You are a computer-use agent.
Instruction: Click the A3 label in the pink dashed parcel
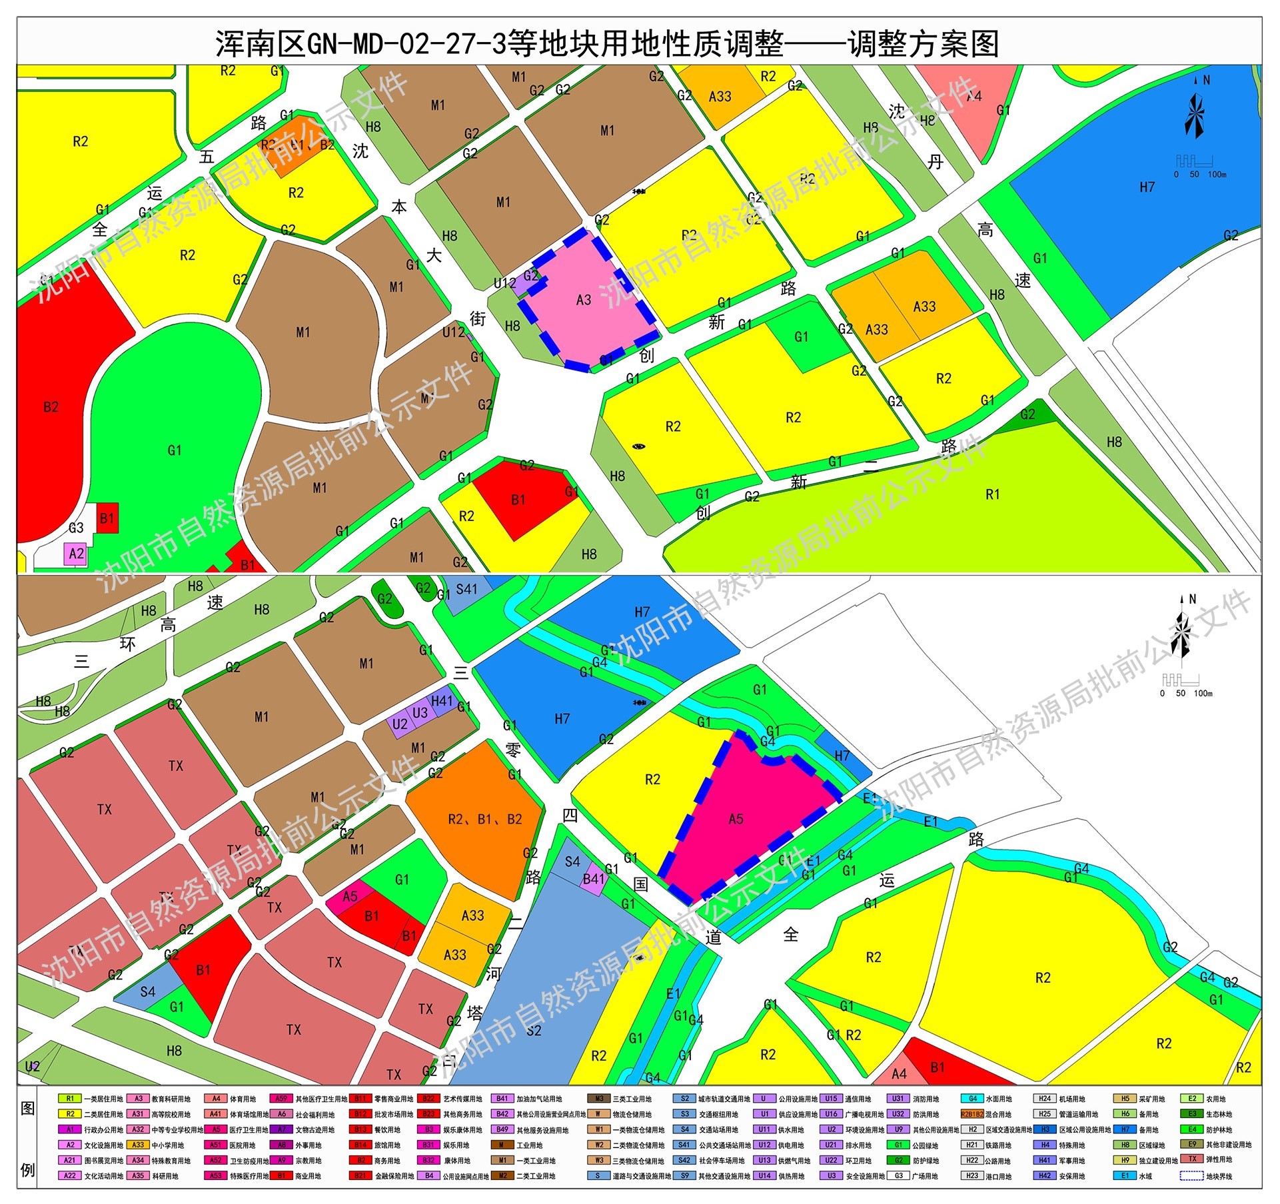(x=584, y=300)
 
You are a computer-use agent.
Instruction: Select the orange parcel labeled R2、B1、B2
(x=484, y=819)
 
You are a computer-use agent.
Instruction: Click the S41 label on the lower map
(x=466, y=589)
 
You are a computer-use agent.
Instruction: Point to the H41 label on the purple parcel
(x=442, y=701)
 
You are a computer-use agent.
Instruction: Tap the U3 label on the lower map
(x=420, y=713)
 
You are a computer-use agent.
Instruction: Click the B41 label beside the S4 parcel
(x=593, y=879)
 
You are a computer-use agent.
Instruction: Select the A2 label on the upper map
(x=77, y=554)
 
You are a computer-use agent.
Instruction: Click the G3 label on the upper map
(x=76, y=528)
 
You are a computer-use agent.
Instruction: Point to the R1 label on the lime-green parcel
(x=993, y=494)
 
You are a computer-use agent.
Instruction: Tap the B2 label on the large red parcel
(x=51, y=407)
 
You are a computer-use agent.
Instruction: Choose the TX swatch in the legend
(x=1193, y=1159)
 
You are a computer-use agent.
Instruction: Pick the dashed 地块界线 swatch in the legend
(x=1191, y=1176)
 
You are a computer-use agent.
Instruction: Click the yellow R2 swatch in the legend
(x=70, y=1114)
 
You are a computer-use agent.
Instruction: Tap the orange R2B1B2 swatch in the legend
(x=972, y=1114)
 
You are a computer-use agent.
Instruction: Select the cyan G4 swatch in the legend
(x=972, y=1099)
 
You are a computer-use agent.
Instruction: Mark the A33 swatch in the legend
(x=138, y=1145)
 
